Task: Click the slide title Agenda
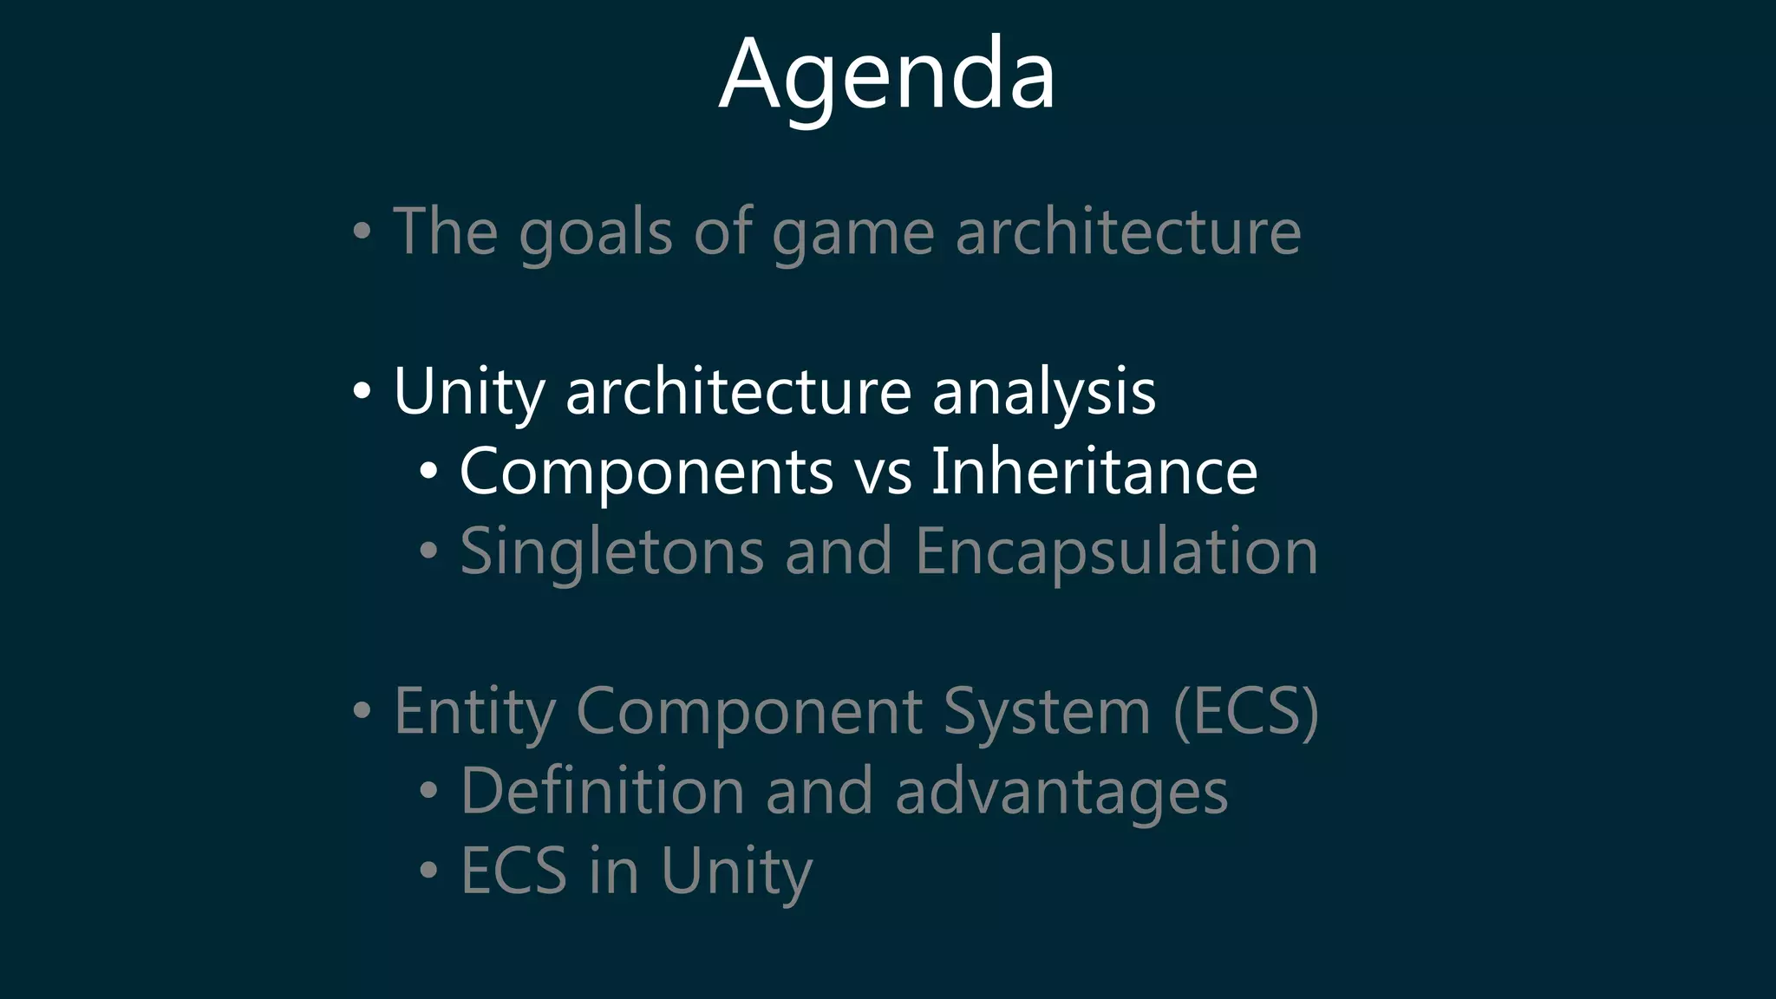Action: (887, 76)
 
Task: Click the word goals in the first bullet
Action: (595, 232)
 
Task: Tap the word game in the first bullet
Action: (852, 232)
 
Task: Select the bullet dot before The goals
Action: (362, 232)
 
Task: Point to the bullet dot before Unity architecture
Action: (362, 391)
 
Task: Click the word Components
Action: (646, 472)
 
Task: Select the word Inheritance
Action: (1094, 471)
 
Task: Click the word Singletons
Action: (611, 552)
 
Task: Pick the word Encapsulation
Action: (1116, 552)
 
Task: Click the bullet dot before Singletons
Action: (428, 552)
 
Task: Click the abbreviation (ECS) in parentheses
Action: (1245, 712)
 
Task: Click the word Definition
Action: (602, 791)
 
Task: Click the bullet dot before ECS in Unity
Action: (428, 871)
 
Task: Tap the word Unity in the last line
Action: (736, 872)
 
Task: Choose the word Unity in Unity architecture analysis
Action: (468, 392)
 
